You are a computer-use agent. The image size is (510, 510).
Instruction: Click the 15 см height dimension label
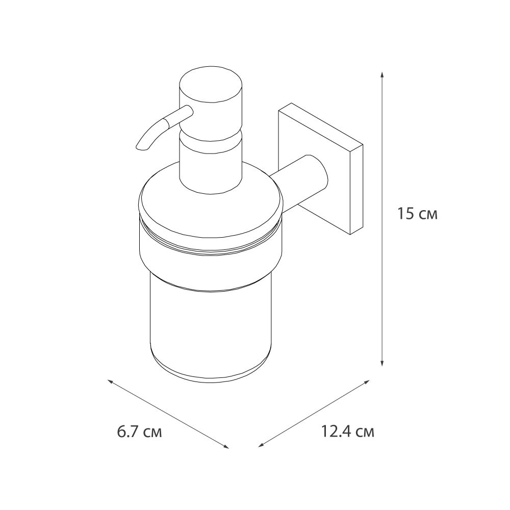(417, 214)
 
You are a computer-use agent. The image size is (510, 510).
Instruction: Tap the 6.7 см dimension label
(139, 433)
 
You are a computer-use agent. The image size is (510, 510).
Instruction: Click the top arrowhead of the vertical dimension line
(382, 74)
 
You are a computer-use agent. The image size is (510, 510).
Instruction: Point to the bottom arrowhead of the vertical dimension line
(382, 363)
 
